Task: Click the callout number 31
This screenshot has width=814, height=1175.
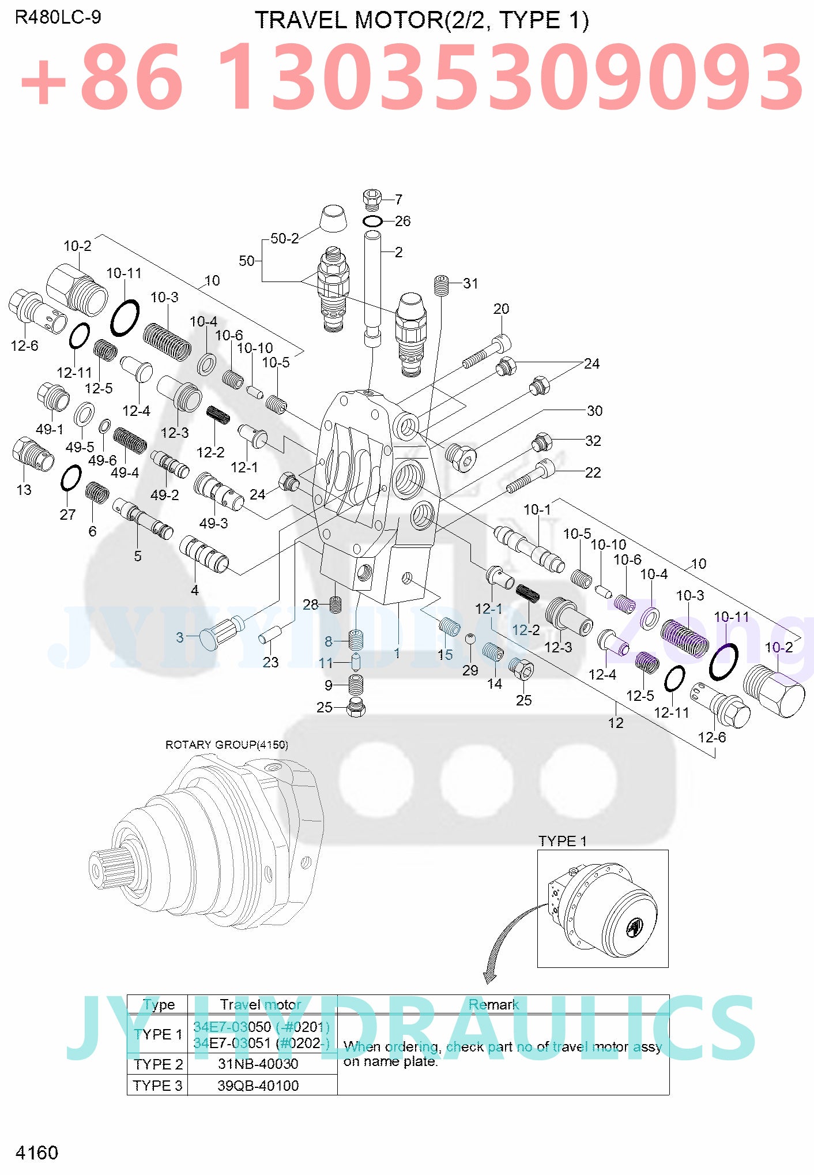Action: (x=470, y=283)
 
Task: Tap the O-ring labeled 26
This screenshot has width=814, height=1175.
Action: (x=372, y=221)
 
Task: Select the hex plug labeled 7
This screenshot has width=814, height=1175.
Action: (x=372, y=199)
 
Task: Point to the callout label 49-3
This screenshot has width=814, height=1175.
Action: (x=213, y=523)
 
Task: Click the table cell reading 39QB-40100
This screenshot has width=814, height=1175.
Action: (x=258, y=1086)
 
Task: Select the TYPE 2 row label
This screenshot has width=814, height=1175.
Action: (x=158, y=1064)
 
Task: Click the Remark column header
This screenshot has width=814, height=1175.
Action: (x=493, y=1004)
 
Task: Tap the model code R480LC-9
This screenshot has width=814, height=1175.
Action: (x=58, y=17)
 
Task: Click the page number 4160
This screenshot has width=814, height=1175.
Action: (x=37, y=1153)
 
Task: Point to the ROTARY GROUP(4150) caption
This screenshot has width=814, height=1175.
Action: (x=227, y=745)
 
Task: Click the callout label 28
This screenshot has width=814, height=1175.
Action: (x=310, y=604)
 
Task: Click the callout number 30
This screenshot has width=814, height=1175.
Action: (x=594, y=411)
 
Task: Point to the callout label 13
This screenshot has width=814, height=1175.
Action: (x=24, y=490)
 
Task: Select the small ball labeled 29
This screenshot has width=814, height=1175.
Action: (x=470, y=638)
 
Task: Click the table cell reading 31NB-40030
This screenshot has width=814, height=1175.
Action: (x=258, y=1064)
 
